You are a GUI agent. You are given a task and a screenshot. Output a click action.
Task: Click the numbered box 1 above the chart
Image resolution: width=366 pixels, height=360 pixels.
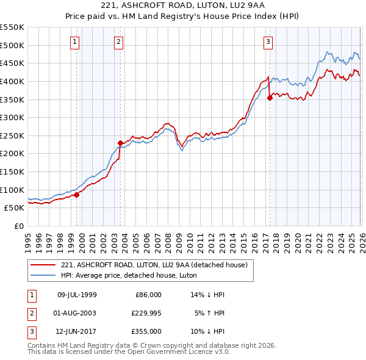tap(74, 42)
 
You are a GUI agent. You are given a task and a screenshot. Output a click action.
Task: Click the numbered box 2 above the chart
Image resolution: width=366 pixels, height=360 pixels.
tap(118, 42)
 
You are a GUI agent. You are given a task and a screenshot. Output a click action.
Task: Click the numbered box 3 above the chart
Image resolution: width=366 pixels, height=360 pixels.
tap(268, 42)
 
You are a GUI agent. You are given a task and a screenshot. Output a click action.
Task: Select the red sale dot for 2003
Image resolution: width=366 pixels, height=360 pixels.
tap(120, 143)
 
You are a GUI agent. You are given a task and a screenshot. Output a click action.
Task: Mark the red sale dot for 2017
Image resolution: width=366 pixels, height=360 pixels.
tap(270, 98)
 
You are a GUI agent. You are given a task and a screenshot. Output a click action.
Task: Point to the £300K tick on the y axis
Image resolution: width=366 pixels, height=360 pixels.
tap(12, 117)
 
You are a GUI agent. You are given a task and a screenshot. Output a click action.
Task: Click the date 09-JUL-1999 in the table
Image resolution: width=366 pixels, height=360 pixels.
tap(77, 295)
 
